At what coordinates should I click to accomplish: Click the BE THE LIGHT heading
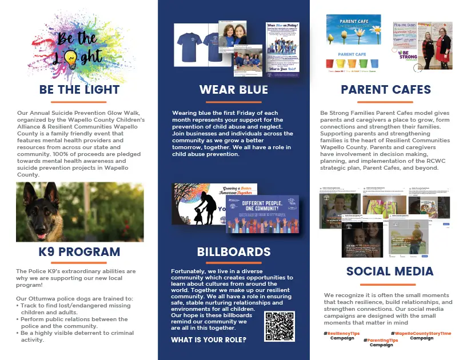click(79, 90)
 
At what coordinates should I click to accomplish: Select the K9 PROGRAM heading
click(79, 252)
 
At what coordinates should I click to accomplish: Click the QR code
click(279, 326)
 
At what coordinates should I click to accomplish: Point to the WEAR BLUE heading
click(233, 90)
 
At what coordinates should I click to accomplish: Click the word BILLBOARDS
click(233, 252)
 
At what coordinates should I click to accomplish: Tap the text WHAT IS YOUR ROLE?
click(209, 340)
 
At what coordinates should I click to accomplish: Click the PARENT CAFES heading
click(386, 90)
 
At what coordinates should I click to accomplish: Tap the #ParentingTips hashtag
click(382, 339)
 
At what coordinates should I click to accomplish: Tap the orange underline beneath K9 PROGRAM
click(79, 262)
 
